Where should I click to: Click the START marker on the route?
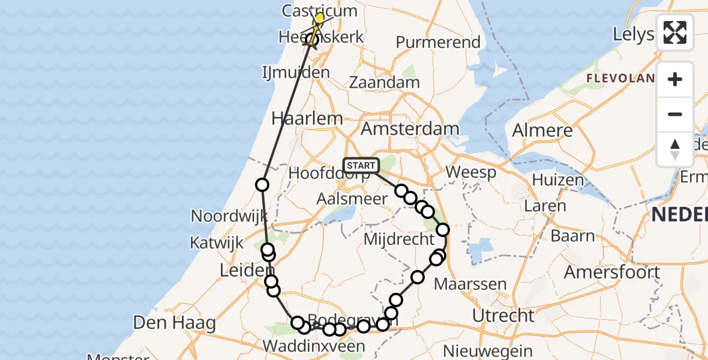(361, 165)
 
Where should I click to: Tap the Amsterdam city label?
(410, 128)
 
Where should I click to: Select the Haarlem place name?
(307, 118)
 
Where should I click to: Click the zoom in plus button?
(675, 79)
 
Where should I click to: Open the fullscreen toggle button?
(675, 32)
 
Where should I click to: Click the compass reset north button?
(675, 149)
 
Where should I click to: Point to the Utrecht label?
(503, 315)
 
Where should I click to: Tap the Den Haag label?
(174, 323)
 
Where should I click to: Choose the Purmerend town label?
(438, 42)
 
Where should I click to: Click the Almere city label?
(542, 131)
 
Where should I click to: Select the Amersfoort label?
(611, 272)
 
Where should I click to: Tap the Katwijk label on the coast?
(217, 243)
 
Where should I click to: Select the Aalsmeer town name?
(344, 199)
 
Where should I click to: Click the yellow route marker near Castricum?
(319, 19)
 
